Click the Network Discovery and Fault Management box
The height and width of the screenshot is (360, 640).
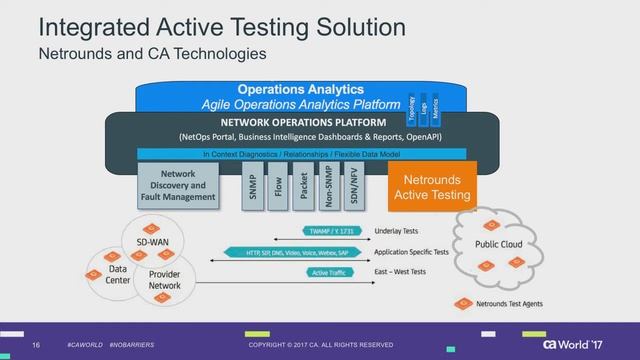coord(177,186)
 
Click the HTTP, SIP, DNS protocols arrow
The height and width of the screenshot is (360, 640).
coord(285,252)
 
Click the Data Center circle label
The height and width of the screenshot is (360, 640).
coord(118,275)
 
